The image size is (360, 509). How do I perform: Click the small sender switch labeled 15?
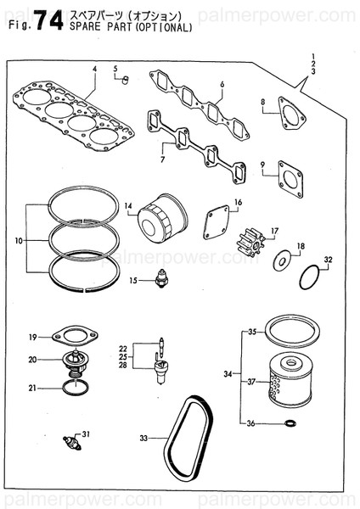[156, 280]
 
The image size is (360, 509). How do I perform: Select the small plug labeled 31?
[70, 442]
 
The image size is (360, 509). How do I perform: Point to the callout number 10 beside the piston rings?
[20, 241]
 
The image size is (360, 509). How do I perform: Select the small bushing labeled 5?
[125, 80]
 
